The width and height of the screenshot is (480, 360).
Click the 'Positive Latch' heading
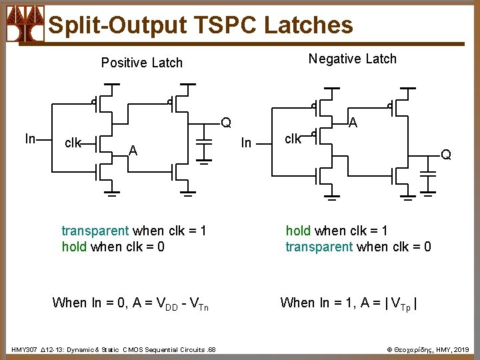coord(141,63)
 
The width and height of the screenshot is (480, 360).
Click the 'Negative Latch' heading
coord(352,59)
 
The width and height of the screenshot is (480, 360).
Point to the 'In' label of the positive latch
coord(30,139)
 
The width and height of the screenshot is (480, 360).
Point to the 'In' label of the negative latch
coord(246,143)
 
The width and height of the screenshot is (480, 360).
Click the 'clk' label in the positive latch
coord(73,143)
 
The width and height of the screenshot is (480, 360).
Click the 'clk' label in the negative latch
coord(293,139)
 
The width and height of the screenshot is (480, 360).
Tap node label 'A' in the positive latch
coord(133,151)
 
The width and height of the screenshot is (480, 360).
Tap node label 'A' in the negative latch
coord(353,123)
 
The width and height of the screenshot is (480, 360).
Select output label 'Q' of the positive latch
coord(227,123)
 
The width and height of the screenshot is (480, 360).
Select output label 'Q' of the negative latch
coord(446,155)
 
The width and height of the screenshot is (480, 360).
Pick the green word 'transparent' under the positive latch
coord(95,231)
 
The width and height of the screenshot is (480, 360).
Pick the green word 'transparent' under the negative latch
coord(319,247)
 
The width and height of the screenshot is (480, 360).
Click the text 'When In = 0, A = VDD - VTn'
coord(130,303)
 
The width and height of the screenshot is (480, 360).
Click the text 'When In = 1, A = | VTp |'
coord(349,303)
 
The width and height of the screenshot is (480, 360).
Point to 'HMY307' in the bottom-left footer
coord(25,349)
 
